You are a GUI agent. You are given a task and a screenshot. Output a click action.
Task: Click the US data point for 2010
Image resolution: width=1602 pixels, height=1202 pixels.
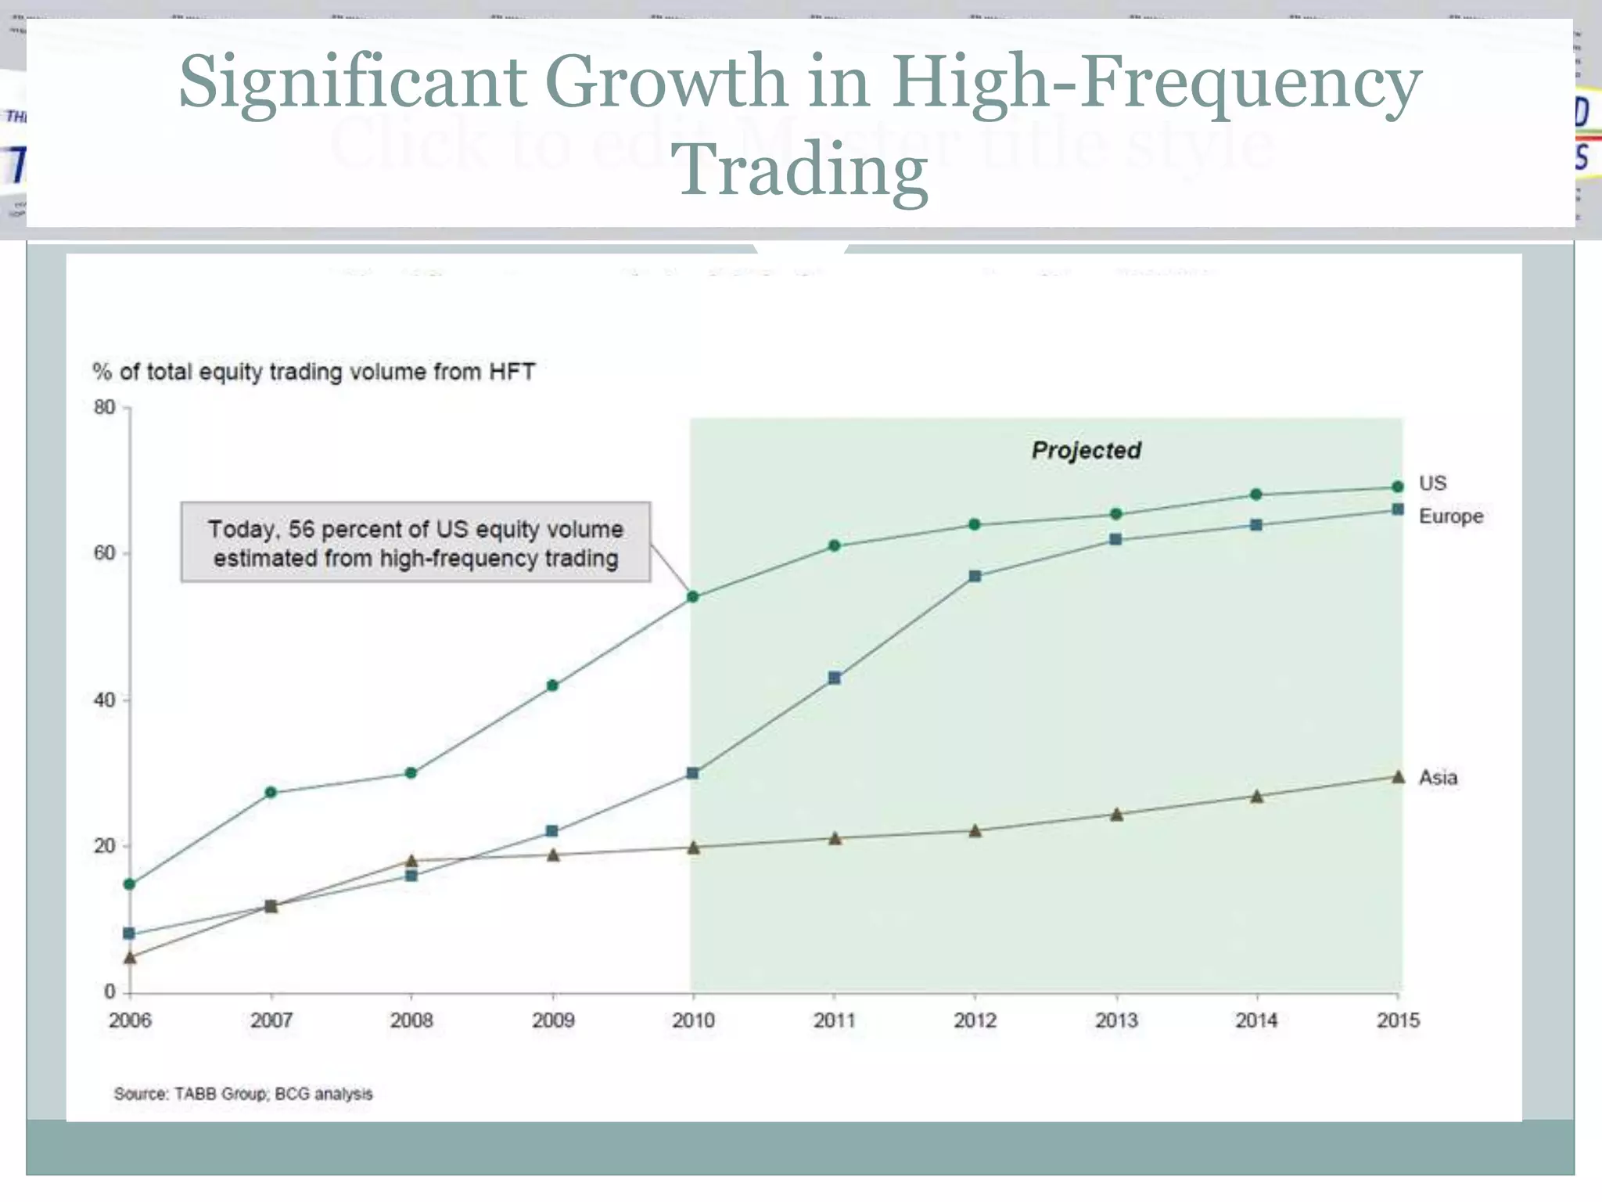pyautogui.click(x=692, y=597)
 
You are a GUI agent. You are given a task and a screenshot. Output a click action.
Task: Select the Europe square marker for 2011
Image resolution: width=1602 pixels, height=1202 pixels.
pyautogui.click(x=834, y=678)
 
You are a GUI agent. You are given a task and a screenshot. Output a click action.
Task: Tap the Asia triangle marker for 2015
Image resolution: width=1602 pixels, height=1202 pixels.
pyautogui.click(x=1398, y=777)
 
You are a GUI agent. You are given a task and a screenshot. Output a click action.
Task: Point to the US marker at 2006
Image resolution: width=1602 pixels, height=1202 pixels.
pyautogui.click(x=130, y=884)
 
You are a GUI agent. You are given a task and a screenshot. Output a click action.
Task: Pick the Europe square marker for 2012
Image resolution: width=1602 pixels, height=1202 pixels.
pyautogui.click(x=975, y=576)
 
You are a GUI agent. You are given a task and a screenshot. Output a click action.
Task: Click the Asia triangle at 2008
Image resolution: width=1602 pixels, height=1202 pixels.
pyautogui.click(x=411, y=861)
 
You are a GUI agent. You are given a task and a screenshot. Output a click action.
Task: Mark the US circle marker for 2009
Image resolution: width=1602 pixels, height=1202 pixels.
pyautogui.click(x=552, y=686)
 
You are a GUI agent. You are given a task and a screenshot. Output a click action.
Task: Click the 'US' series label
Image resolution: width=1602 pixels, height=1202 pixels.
pyautogui.click(x=1432, y=483)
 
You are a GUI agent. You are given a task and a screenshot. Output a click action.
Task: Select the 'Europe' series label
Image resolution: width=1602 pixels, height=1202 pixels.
pyautogui.click(x=1451, y=516)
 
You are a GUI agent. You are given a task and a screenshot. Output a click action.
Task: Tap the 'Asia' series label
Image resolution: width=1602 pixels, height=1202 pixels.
pyautogui.click(x=1438, y=778)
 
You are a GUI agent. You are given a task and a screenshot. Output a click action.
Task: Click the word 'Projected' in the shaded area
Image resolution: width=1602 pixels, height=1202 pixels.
pyautogui.click(x=1086, y=450)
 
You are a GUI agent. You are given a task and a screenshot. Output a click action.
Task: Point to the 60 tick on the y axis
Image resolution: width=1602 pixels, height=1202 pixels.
pyautogui.click(x=104, y=553)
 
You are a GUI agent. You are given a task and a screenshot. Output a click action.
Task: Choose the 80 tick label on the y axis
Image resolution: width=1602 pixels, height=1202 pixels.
pyautogui.click(x=104, y=407)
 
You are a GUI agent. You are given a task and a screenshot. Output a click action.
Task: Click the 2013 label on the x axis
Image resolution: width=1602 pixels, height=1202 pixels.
pyautogui.click(x=1115, y=1020)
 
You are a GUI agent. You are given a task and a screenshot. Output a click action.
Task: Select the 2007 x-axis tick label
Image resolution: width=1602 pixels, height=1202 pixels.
pyautogui.click(x=271, y=1020)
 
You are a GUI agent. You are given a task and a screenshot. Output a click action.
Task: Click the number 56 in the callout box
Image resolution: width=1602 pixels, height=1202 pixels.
pyautogui.click(x=301, y=529)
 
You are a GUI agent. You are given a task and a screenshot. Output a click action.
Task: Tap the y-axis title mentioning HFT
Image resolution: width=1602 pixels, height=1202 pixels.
pyautogui.click(x=313, y=372)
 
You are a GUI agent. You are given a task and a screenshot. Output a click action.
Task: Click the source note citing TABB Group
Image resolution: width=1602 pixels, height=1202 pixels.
pyautogui.click(x=243, y=1094)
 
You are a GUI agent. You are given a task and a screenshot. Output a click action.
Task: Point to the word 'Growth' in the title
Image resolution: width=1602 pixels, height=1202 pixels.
pyautogui.click(x=666, y=81)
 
